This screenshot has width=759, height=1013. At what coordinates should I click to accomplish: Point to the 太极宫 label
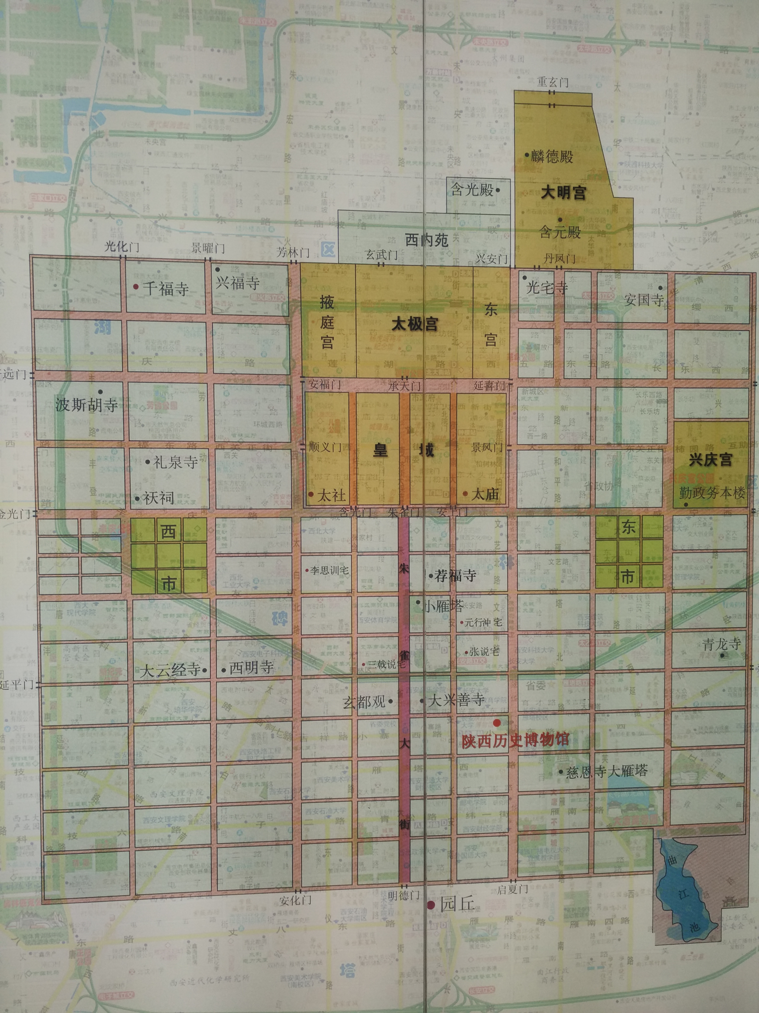pyautogui.click(x=415, y=324)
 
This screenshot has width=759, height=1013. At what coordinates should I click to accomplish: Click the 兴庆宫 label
pyautogui.click(x=711, y=459)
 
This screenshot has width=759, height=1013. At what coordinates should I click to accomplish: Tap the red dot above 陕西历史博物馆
pyautogui.click(x=497, y=722)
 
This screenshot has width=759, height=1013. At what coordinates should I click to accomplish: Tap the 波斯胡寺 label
pyautogui.click(x=86, y=405)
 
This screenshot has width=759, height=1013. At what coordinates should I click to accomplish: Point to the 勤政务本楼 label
pyautogui.click(x=712, y=493)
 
